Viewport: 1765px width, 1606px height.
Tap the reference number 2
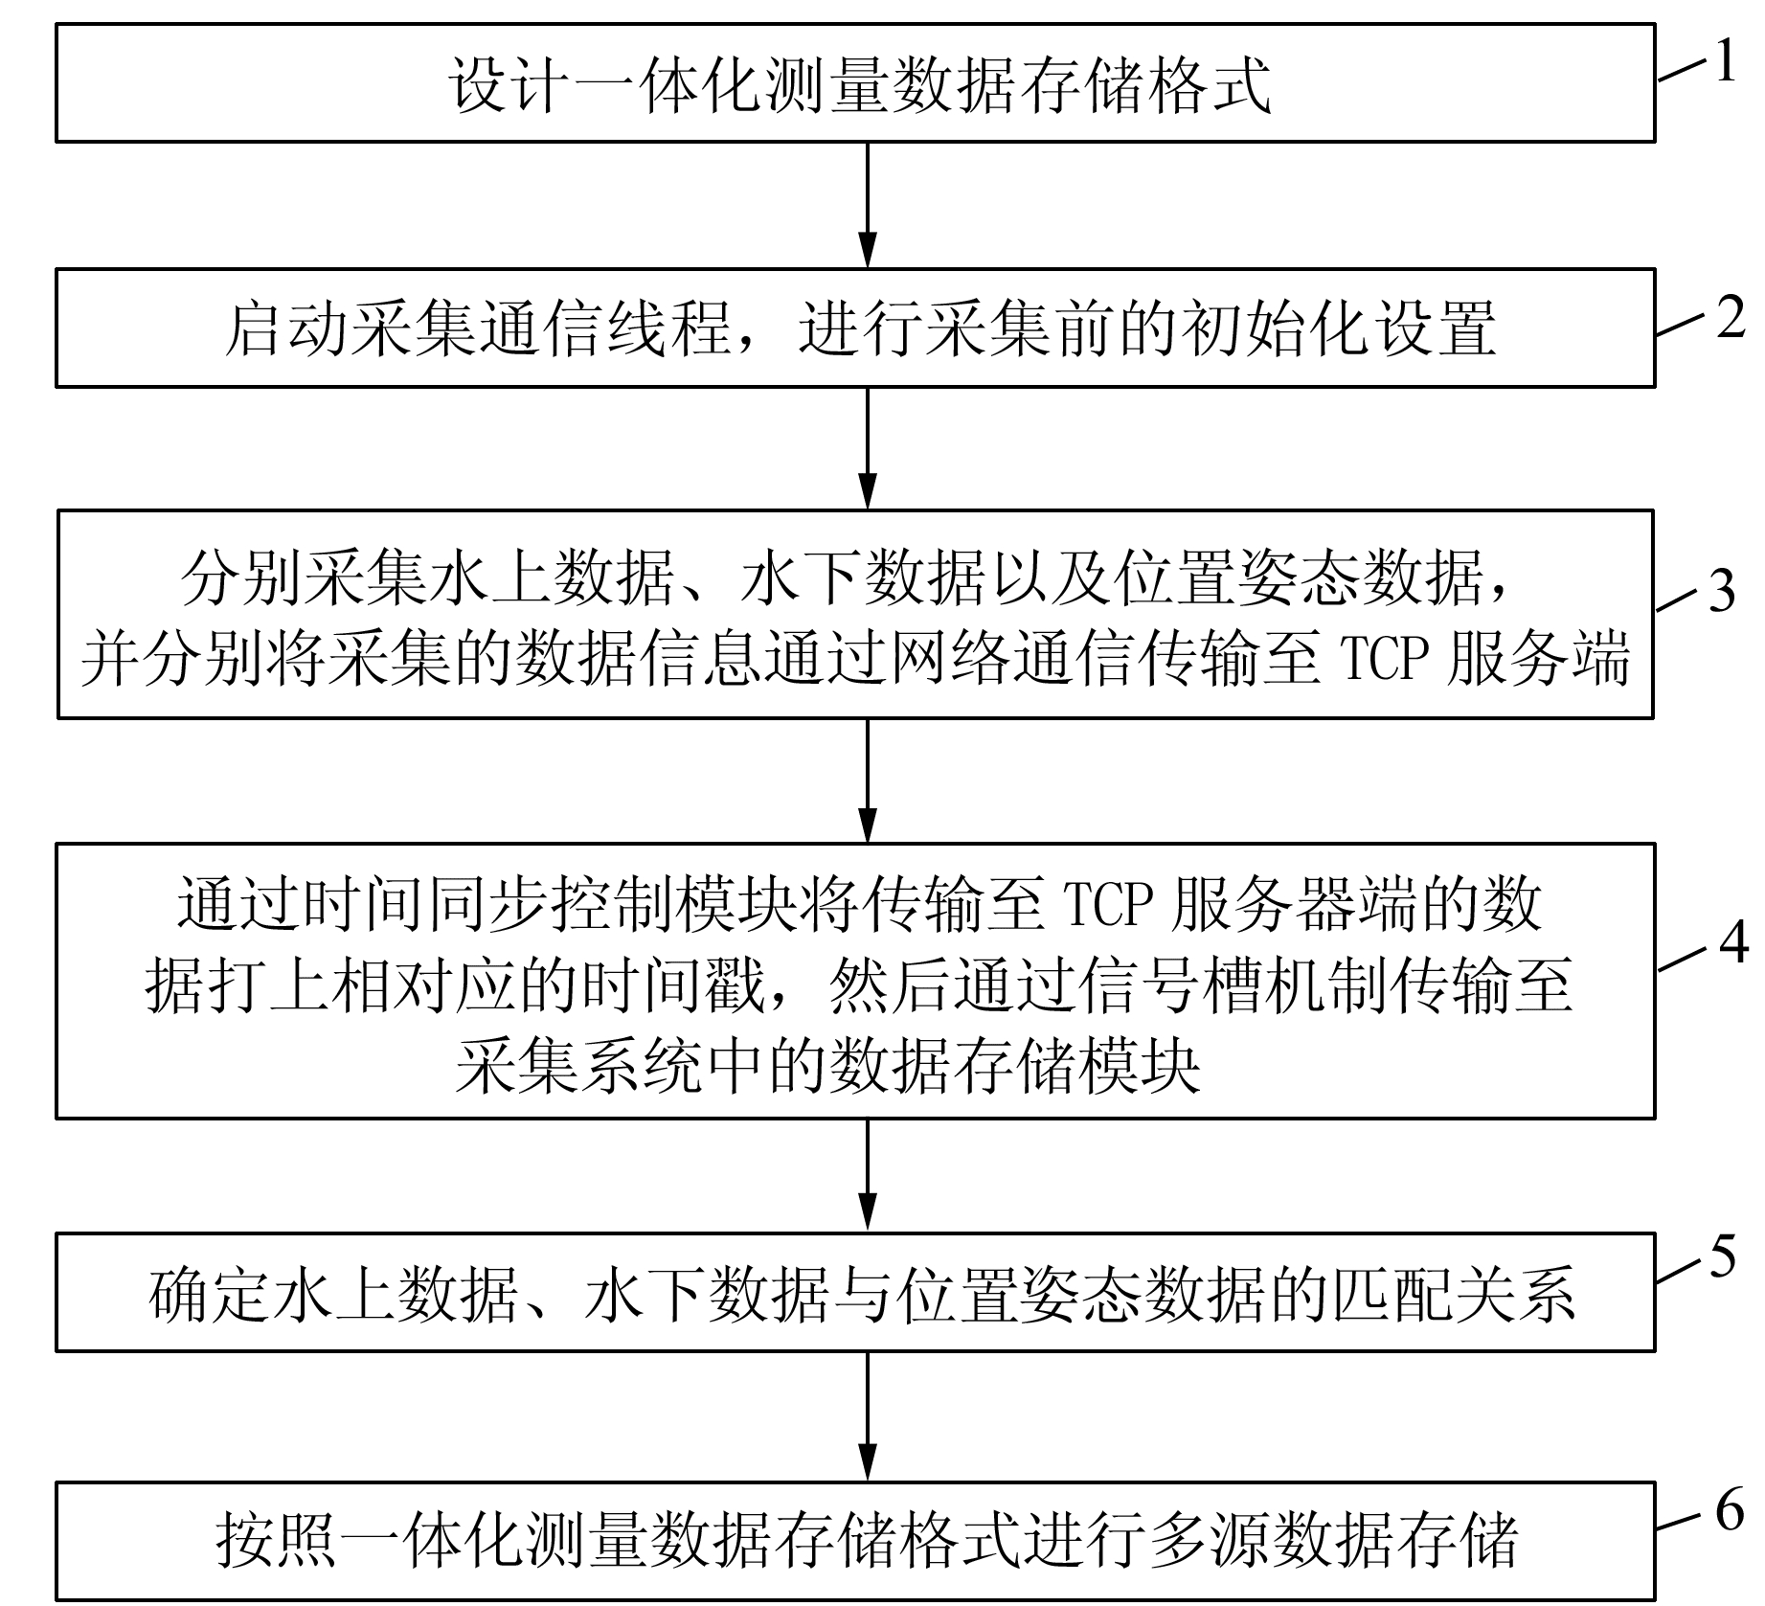[x=1730, y=317]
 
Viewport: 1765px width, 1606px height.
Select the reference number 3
[x=1722, y=592]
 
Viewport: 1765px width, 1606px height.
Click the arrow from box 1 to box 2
[x=868, y=205]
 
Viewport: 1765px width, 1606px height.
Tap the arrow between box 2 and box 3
[x=868, y=448]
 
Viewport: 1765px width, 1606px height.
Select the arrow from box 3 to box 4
[x=868, y=780]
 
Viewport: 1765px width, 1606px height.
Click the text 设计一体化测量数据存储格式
[x=860, y=85]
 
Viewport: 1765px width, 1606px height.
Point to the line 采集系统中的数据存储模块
[x=827, y=1066]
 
